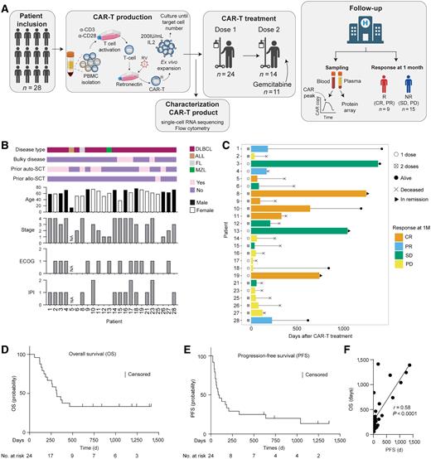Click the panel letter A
click(5, 7)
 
